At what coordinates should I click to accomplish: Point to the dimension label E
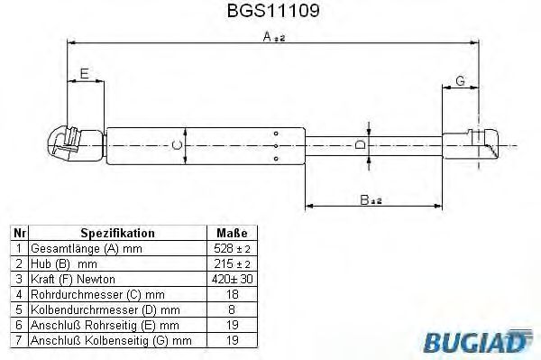pos(84,73)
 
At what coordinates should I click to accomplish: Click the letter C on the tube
pos(178,144)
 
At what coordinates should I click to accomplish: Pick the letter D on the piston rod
pos(359,144)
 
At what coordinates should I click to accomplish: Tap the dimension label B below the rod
pos(368,200)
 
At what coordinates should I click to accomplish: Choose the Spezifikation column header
pos(118,232)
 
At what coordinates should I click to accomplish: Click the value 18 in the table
pos(231,293)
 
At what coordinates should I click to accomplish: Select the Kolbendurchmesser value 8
pos(231,309)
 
